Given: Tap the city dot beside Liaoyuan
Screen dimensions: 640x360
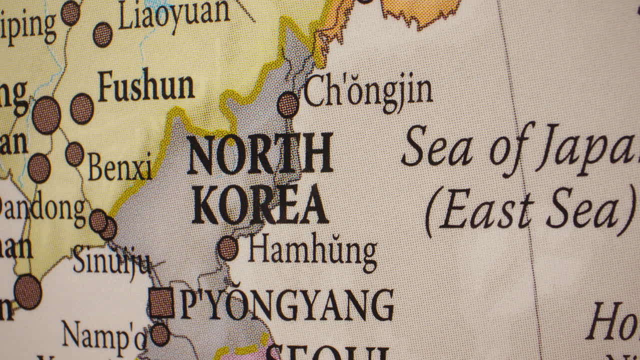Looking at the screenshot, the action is click(103, 34).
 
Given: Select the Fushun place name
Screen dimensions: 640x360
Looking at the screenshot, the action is click(146, 86).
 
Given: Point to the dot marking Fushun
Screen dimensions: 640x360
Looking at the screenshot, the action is click(82, 108).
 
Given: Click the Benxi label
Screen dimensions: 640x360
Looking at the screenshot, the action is click(120, 166).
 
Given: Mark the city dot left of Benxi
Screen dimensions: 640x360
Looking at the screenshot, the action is click(74, 154).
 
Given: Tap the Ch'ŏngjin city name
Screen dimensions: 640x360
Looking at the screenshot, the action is click(368, 93).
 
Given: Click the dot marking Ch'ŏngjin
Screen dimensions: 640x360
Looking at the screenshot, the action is click(288, 105).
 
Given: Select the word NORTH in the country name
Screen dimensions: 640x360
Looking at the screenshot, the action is click(260, 154).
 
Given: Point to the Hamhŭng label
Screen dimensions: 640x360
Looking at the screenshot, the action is click(312, 250).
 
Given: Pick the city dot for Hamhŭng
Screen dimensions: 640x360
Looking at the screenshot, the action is click(228, 248).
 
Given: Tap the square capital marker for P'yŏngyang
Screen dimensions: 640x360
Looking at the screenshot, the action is click(161, 302).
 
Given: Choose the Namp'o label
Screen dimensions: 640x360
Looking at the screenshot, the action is click(104, 334).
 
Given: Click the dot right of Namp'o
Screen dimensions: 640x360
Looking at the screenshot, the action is click(160, 334).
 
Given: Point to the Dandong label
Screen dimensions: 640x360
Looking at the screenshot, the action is click(42, 209).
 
